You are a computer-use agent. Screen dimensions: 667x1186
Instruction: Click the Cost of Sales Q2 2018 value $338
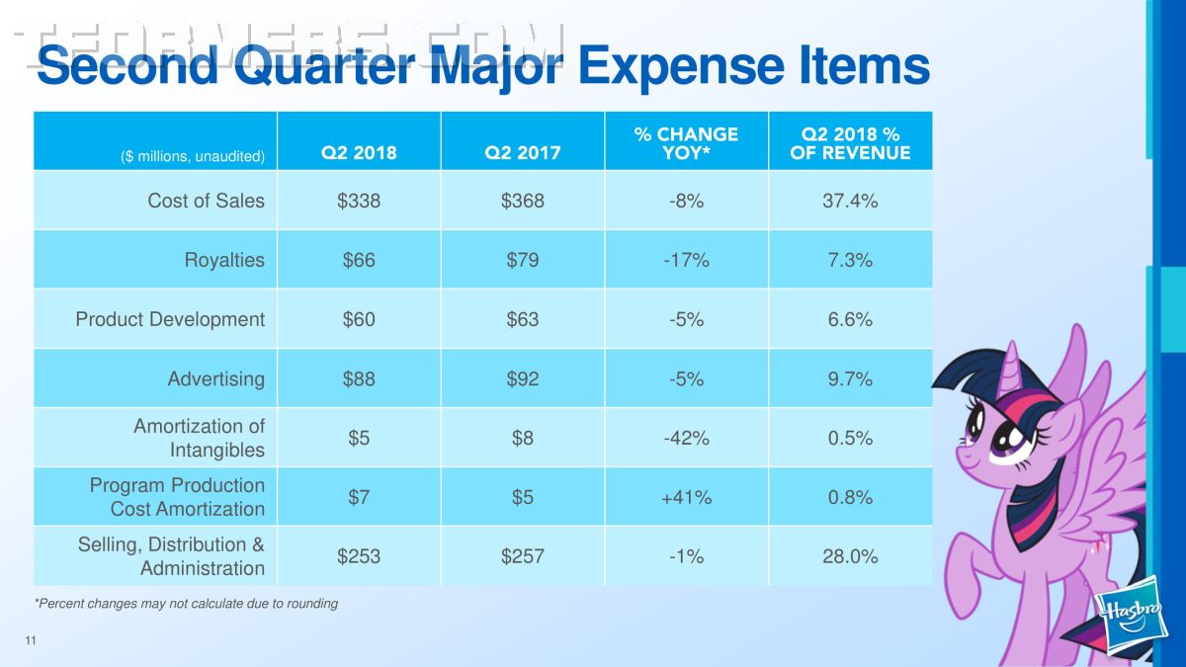point(359,201)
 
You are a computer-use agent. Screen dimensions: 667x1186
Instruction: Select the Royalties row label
point(224,260)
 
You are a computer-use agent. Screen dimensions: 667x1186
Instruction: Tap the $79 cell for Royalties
point(523,260)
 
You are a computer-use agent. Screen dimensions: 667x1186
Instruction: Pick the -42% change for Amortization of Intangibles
point(686,438)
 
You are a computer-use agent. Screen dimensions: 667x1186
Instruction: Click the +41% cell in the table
point(686,497)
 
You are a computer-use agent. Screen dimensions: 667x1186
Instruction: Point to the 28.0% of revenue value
point(850,556)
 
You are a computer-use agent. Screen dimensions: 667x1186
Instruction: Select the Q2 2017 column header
point(523,152)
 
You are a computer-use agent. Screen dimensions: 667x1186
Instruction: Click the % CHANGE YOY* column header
point(686,143)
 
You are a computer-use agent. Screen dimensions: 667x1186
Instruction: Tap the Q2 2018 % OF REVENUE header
point(850,143)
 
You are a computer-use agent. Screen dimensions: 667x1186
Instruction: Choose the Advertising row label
point(216,378)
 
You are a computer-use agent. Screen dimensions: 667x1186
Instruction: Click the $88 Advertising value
point(359,378)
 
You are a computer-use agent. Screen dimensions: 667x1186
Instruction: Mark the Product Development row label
point(170,319)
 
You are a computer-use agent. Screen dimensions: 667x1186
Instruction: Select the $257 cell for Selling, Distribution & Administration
point(523,556)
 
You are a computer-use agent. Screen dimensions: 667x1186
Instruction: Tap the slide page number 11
point(31,642)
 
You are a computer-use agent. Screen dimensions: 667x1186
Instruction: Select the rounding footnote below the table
point(186,603)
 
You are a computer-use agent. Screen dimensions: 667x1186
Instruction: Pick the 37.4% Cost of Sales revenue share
point(850,201)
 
